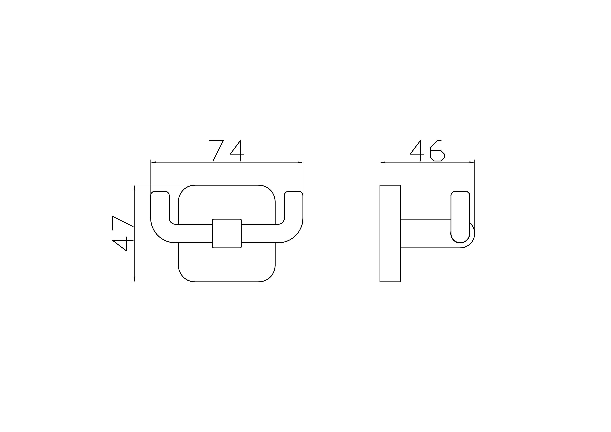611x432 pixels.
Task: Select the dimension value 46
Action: [427, 151]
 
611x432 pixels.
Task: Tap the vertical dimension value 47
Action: [123, 233]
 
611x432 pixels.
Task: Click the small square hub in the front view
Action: [227, 234]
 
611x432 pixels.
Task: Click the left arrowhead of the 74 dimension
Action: [153, 162]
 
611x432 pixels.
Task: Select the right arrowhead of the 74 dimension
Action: [300, 162]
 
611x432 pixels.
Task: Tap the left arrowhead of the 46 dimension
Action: [383, 162]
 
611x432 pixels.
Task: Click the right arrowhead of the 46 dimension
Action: [472, 162]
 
